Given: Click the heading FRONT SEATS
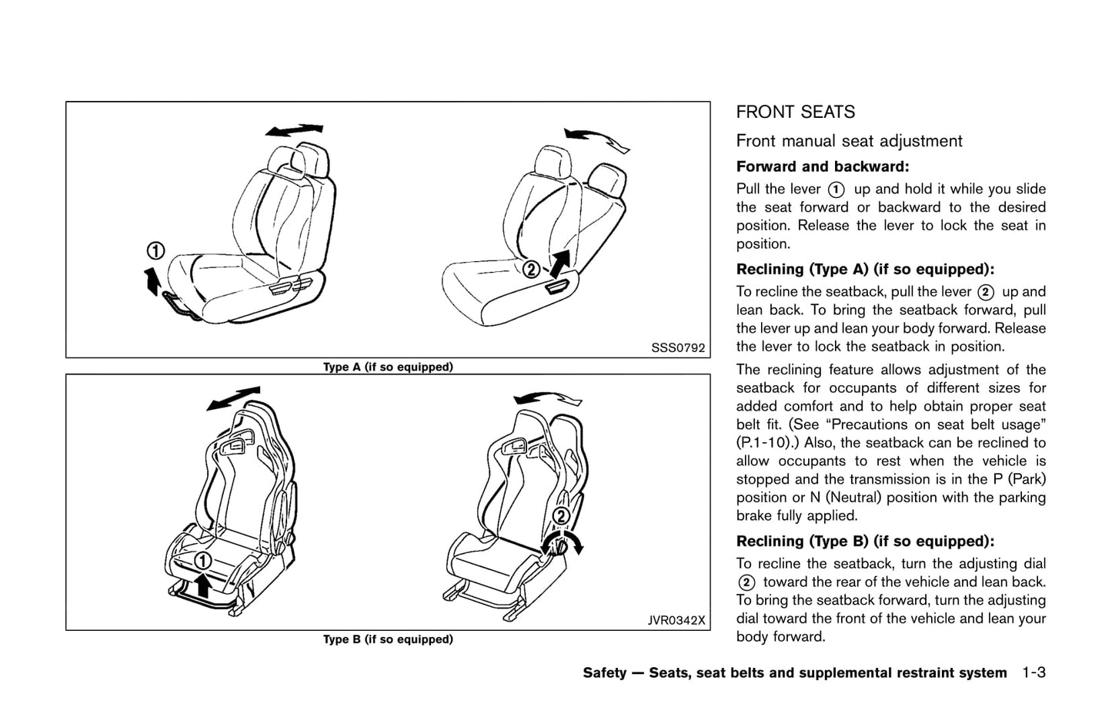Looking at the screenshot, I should (795, 112).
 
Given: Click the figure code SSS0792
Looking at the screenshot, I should (677, 347).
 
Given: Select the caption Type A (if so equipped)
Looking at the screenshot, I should (388, 367).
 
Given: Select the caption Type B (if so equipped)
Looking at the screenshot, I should (388, 639).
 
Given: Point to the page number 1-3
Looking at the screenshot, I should (1034, 672).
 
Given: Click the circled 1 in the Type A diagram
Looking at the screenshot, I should (155, 250).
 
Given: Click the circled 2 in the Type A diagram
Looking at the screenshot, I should (530, 270).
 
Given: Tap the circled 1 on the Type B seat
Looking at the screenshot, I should (202, 561).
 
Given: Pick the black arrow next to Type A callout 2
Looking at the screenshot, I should (559, 263).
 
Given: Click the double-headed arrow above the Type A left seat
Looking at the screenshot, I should (294, 130).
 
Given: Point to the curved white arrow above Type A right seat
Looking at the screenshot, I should (597, 139).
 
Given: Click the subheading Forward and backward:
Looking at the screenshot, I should (823, 166).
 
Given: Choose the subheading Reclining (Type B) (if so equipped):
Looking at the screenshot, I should (865, 541).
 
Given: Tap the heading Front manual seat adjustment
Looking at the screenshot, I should (849, 141).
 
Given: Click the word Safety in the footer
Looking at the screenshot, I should (604, 673).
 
